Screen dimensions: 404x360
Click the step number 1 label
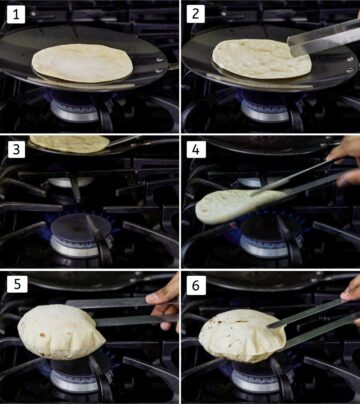(x=16, y=14)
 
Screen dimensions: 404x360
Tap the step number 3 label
(x=16, y=148)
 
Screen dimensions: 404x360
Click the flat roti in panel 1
(x=82, y=62)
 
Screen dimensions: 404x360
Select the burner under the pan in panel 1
(x=76, y=108)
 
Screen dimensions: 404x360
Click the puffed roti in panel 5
(x=62, y=333)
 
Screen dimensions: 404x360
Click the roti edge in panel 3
(x=68, y=144)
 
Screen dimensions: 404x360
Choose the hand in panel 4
(x=345, y=160)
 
